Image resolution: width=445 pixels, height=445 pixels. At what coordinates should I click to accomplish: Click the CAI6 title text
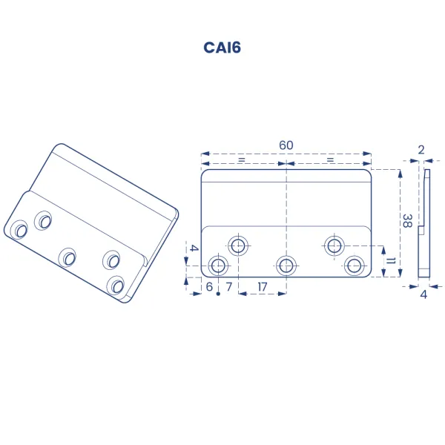click(x=222, y=47)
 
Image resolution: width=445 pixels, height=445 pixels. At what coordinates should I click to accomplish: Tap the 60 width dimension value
click(x=286, y=145)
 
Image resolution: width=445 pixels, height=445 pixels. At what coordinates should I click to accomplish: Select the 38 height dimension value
click(x=407, y=221)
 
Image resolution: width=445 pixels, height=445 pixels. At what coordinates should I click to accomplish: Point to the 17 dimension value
click(x=263, y=287)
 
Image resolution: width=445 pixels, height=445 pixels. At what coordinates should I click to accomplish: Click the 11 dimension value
click(x=391, y=260)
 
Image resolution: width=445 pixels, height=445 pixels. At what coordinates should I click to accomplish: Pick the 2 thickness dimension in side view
click(x=421, y=150)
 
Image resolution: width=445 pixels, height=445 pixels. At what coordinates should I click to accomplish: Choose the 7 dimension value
click(x=229, y=287)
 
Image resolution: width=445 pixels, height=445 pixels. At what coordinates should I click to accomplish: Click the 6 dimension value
click(x=209, y=287)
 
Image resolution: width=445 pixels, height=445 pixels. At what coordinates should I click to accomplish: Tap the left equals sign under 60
click(x=241, y=160)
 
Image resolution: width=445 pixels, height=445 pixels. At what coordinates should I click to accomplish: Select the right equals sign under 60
click(x=330, y=160)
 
